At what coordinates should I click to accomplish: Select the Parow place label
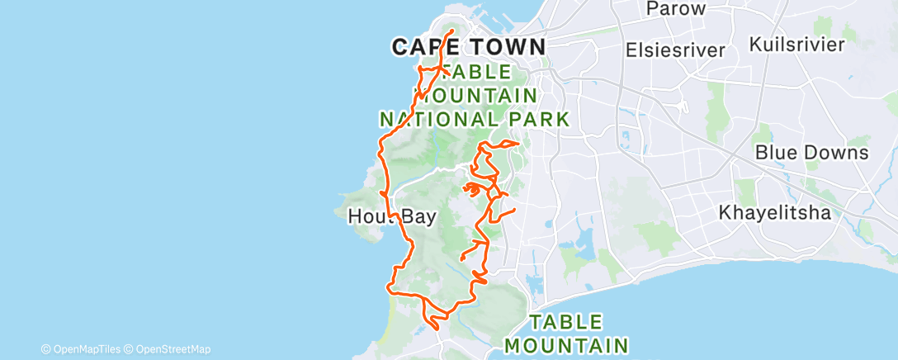tap(676, 9)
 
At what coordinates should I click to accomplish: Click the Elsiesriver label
tap(675, 50)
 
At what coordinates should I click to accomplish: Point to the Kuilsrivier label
tap(796, 44)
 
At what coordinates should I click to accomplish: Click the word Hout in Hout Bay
tap(366, 216)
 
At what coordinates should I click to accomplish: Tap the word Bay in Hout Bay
tap(419, 216)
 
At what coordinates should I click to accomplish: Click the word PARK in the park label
tap(539, 119)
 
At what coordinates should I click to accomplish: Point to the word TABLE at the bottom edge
tap(566, 321)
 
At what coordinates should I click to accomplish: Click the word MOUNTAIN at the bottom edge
tap(566, 343)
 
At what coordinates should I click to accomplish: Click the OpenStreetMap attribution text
tap(173, 349)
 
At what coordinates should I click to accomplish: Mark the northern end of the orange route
tap(452, 31)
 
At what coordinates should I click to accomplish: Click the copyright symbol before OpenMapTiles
tap(46, 349)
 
